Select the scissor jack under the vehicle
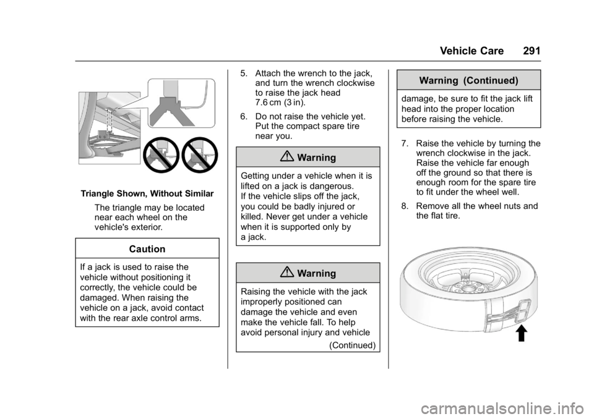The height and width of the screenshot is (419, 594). pos(111,144)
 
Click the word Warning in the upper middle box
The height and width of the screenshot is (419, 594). pos(316,158)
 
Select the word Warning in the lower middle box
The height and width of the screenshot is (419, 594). pos(316,273)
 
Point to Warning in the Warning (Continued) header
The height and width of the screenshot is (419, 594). pos(441,80)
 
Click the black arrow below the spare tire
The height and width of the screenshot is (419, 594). pos(521,334)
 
